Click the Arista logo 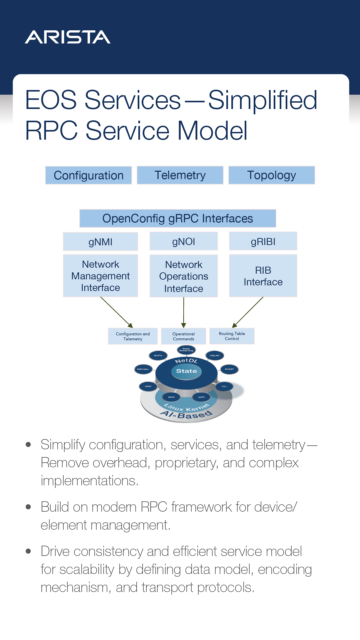68,37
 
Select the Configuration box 89,175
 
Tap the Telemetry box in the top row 180,175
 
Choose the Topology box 272,175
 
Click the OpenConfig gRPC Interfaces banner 178,218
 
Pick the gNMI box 100,242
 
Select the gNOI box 184,241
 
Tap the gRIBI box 263,241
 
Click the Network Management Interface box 100,276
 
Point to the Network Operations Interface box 184,276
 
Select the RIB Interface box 263,276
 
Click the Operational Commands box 183,336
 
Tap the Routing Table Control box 232,336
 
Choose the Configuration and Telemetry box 133,336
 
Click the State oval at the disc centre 186,371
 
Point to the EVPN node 158,356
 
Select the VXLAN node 215,356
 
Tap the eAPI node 201,397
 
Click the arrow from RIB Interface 248,312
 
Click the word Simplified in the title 263,100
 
